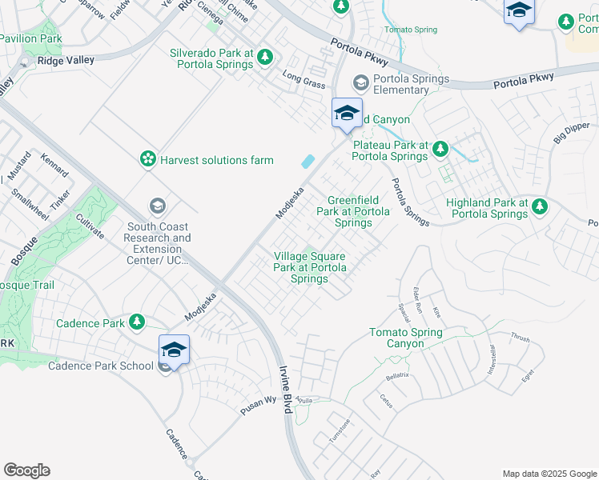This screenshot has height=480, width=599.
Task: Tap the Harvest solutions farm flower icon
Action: click(148, 160)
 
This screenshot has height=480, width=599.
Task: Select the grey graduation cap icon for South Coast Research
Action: click(158, 207)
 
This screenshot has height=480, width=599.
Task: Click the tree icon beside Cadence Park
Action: click(137, 322)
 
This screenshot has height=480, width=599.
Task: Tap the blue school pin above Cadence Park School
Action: click(174, 350)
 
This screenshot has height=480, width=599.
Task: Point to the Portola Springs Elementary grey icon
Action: click(361, 82)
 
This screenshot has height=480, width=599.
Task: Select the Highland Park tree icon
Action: click(540, 207)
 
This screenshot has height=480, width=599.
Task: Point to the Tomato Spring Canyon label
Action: click(405, 338)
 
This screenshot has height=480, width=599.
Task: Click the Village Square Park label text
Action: click(309, 267)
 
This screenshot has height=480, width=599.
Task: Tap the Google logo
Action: click(26, 470)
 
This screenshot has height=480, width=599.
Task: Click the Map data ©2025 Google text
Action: click(549, 474)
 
